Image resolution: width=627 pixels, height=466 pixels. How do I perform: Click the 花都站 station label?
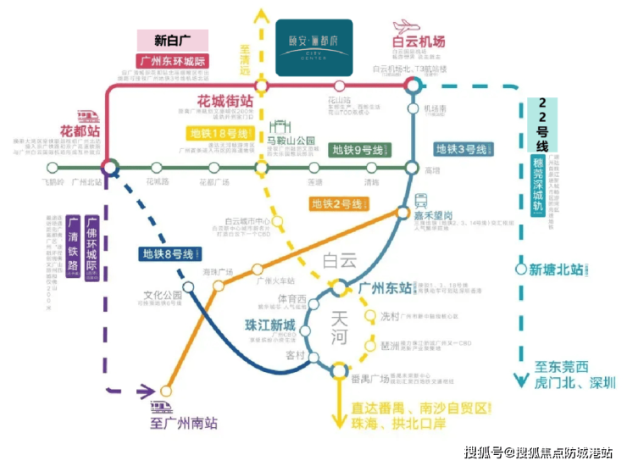pyautogui.click(x=81, y=133)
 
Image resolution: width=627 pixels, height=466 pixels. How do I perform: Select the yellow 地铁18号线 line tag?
pyautogui.click(x=219, y=134)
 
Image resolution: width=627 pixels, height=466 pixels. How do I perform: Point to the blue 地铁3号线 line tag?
pyautogui.click(x=463, y=150)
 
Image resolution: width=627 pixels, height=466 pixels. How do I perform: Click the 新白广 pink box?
pyautogui.click(x=173, y=40)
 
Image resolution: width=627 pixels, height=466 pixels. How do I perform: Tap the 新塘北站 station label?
pyautogui.click(x=556, y=270)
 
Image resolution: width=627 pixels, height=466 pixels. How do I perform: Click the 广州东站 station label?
pyautogui.click(x=386, y=286)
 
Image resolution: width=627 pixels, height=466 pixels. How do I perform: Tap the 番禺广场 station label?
pyautogui.click(x=371, y=377)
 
